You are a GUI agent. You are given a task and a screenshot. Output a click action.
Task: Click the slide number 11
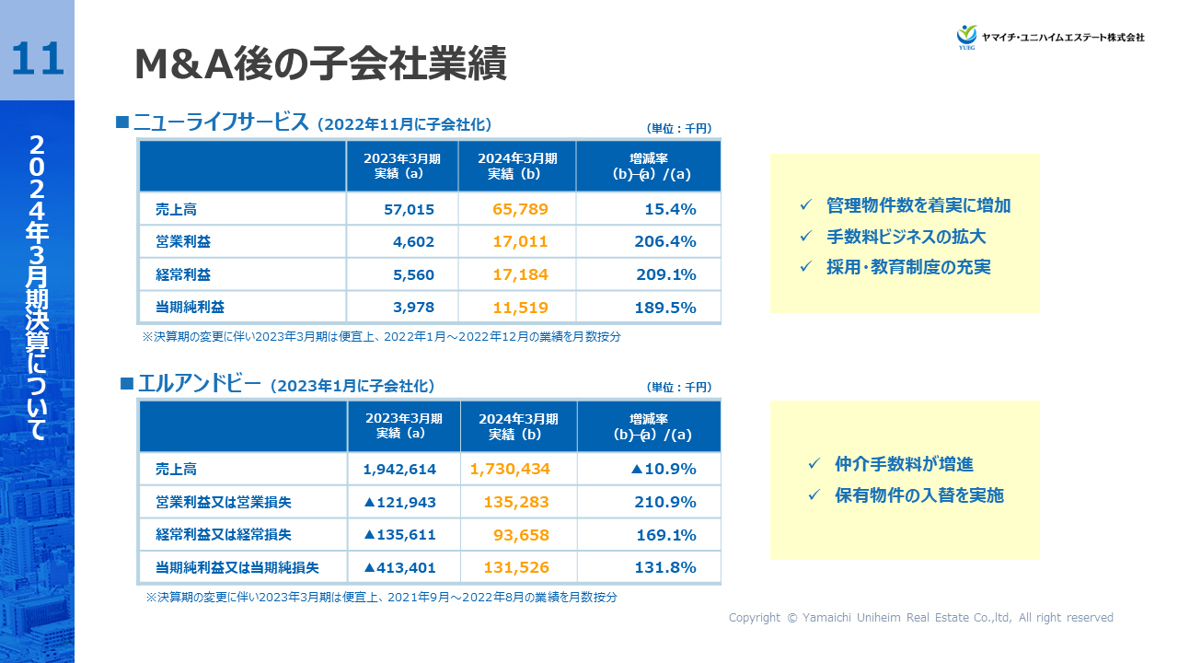tap(38, 59)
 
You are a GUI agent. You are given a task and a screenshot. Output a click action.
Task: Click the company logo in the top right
tap(1050, 37)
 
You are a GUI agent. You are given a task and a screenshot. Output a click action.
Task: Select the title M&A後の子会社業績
tap(320, 64)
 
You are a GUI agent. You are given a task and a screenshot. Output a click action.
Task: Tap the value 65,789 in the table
tap(520, 209)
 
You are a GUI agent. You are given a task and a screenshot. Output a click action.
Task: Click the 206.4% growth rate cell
tap(664, 242)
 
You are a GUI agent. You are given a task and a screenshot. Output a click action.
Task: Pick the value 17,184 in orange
tap(520, 274)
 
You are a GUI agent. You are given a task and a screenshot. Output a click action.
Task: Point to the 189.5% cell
tap(664, 308)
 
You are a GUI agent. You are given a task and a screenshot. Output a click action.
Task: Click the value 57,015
tap(409, 209)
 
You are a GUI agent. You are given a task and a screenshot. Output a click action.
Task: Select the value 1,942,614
tap(399, 469)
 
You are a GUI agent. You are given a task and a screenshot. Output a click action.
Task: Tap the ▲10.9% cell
tap(663, 469)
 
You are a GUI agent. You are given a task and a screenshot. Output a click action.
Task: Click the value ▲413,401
tap(399, 567)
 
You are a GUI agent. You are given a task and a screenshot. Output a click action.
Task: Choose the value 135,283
tap(516, 502)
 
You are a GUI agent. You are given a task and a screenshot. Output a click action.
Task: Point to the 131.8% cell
tap(664, 567)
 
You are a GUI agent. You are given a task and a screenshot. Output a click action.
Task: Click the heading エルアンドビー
tap(199, 384)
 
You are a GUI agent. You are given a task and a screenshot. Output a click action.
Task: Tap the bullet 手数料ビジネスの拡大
tap(906, 237)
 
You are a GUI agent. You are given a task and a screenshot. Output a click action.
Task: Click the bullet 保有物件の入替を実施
tap(918, 495)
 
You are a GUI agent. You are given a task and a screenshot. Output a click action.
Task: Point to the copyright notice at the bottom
tap(920, 618)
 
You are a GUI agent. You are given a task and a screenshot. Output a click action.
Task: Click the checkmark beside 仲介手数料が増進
tap(814, 463)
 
